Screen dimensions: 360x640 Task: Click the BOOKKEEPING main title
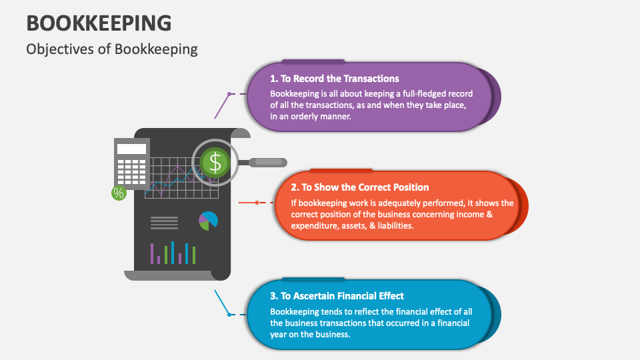[99, 23]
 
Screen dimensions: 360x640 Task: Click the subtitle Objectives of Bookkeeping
[112, 49]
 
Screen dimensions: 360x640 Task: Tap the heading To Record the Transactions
[335, 79]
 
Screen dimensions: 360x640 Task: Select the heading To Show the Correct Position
[360, 187]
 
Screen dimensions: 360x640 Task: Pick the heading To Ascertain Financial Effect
[337, 296]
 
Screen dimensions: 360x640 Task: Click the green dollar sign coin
[214, 162]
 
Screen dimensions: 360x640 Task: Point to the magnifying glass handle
[267, 162]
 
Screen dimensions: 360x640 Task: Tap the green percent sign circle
[119, 193]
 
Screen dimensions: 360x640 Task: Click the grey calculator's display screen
[131, 149]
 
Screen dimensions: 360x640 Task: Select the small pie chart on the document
[208, 221]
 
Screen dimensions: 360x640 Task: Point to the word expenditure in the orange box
[315, 226]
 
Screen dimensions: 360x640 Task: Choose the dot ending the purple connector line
[229, 94]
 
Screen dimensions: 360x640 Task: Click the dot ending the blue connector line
[230, 313]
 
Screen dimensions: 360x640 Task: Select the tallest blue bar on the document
[173, 253]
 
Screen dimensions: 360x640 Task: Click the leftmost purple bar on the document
[152, 253]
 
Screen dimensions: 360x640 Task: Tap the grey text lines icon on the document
[164, 221]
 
